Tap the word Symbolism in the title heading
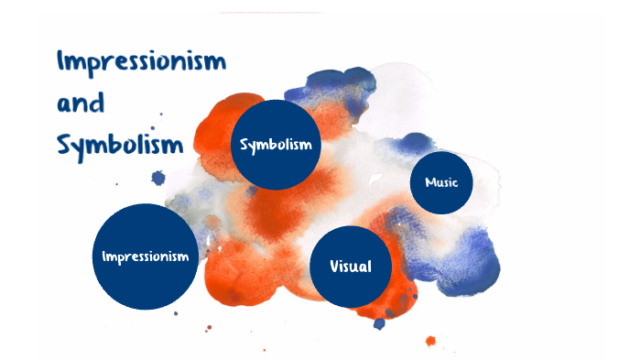(x=119, y=145)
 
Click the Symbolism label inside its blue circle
(x=276, y=145)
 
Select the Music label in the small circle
(x=441, y=182)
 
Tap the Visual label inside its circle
(x=352, y=267)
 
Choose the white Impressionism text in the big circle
(x=147, y=256)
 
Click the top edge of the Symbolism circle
(x=276, y=101)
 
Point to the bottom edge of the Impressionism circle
(x=147, y=309)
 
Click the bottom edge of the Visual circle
(x=352, y=306)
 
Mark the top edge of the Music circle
(x=441, y=152)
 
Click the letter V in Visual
(x=336, y=267)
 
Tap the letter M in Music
(x=429, y=182)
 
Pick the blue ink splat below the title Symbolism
(x=158, y=178)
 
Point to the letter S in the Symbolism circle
(x=244, y=145)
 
